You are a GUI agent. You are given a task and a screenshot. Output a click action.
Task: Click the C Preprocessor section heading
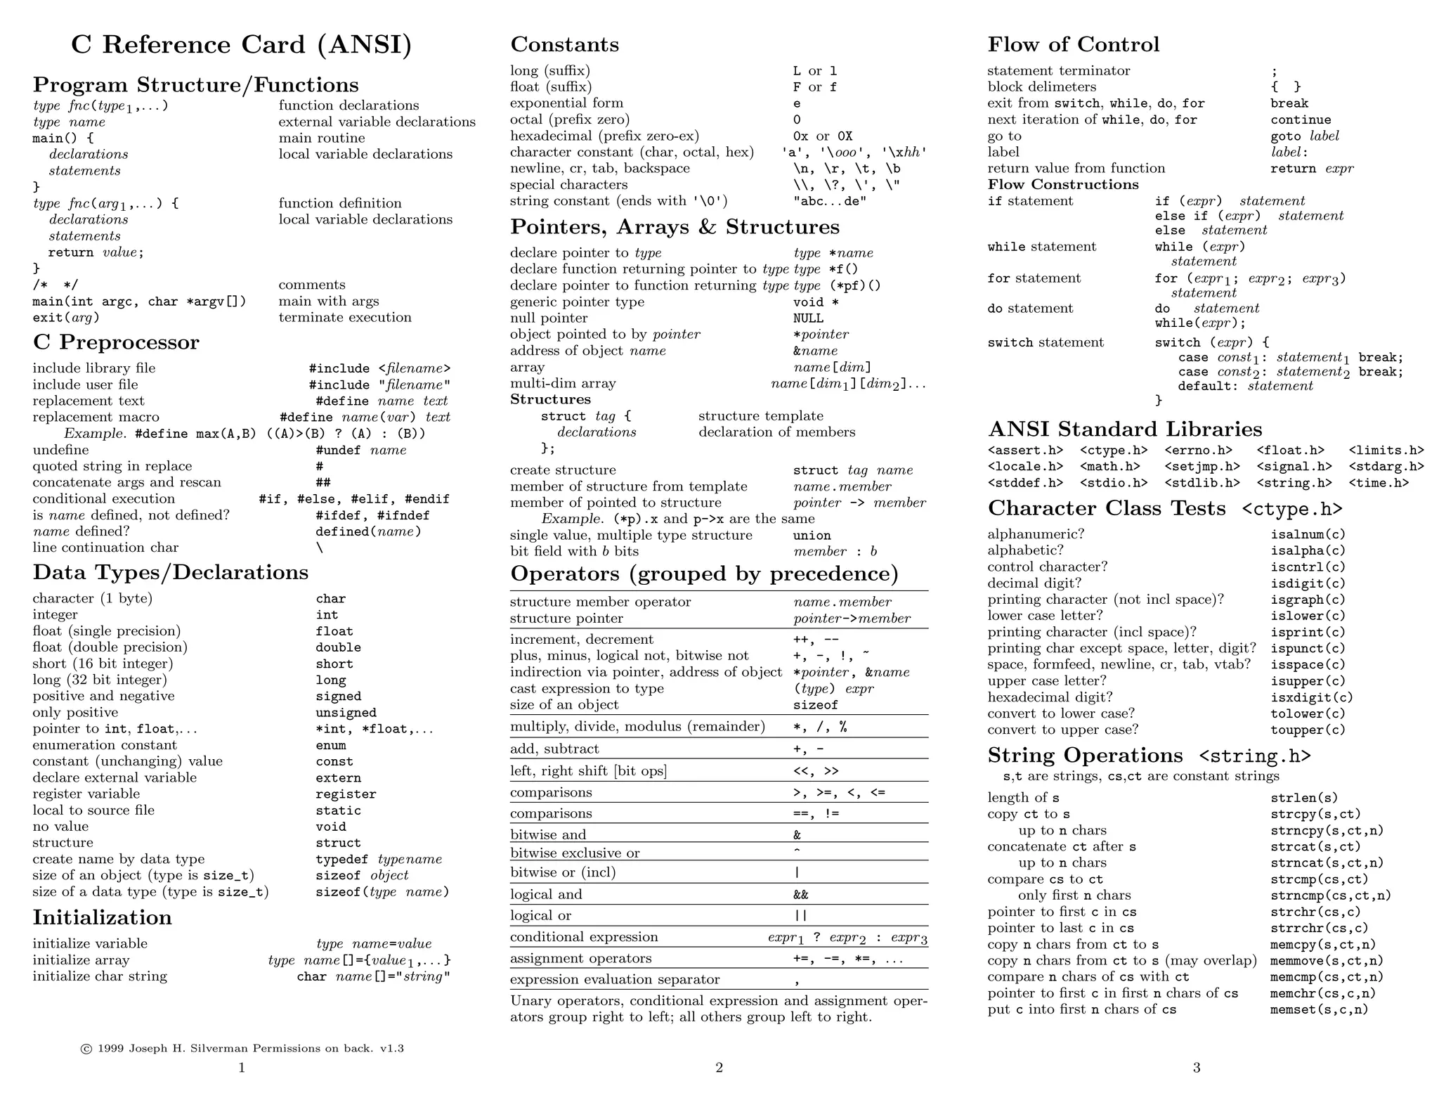116,342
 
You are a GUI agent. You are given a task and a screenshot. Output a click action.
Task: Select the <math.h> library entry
1109,467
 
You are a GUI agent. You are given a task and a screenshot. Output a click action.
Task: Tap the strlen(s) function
1303,798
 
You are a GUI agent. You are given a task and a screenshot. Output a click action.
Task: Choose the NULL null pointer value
808,318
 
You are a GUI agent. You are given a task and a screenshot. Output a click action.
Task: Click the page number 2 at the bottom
719,1068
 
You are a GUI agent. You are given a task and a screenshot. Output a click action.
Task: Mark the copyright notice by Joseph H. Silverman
242,1049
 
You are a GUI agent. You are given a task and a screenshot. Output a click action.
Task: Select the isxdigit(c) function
1311,697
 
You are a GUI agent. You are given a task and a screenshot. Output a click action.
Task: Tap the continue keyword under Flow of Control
1301,120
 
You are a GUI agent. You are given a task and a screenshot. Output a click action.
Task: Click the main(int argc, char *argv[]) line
139,302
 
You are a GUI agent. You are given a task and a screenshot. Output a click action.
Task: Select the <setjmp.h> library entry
1202,467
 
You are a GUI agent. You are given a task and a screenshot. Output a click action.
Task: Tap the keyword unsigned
346,713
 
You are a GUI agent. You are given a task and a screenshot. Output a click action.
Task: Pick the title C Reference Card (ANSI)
241,45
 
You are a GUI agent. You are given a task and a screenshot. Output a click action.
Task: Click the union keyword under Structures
812,536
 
